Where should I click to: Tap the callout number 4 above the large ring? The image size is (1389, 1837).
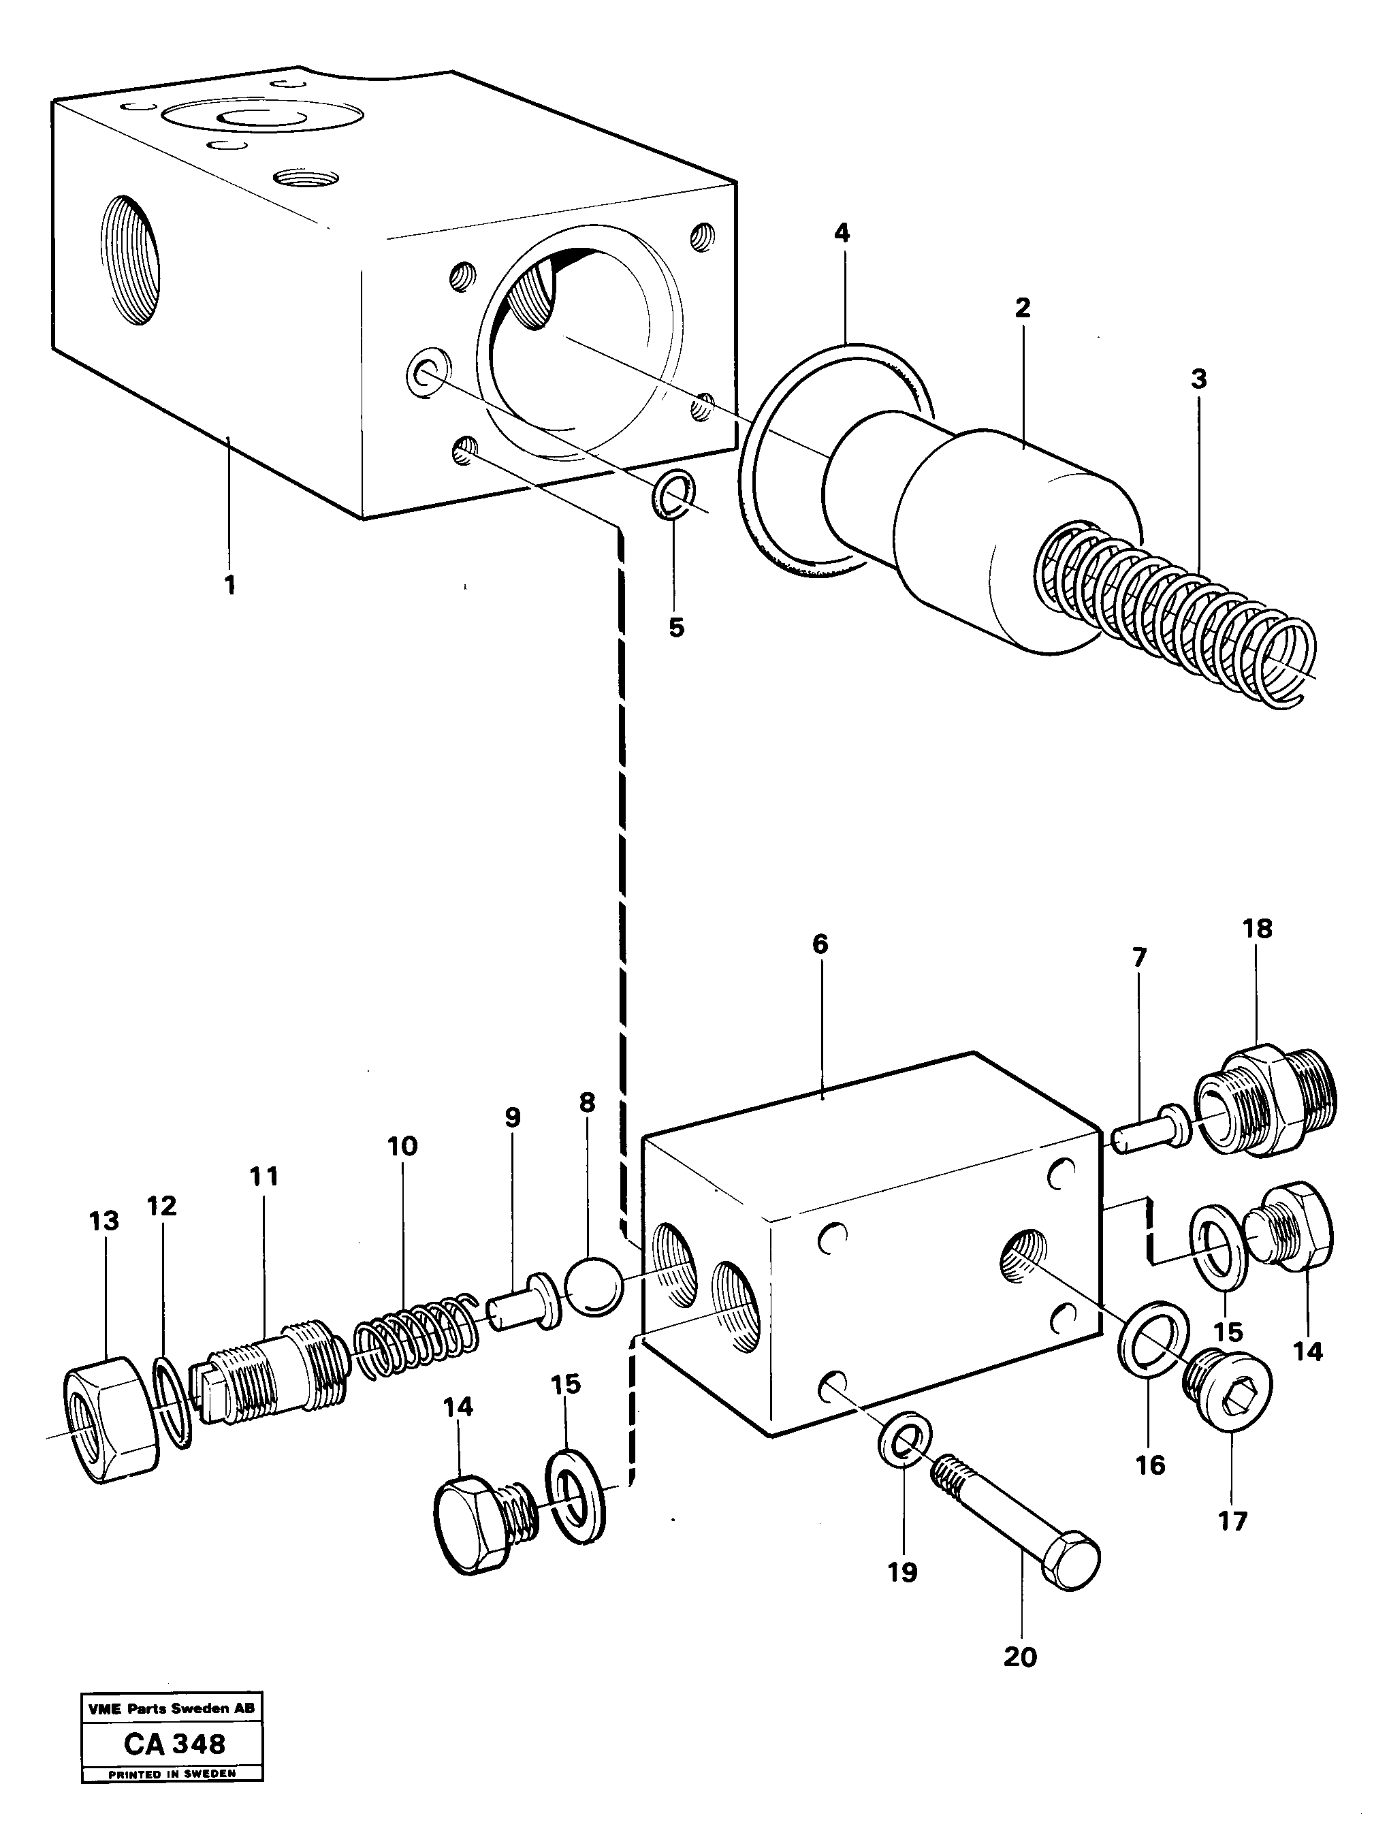tap(842, 234)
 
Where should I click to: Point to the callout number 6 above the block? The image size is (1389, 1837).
tap(820, 944)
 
